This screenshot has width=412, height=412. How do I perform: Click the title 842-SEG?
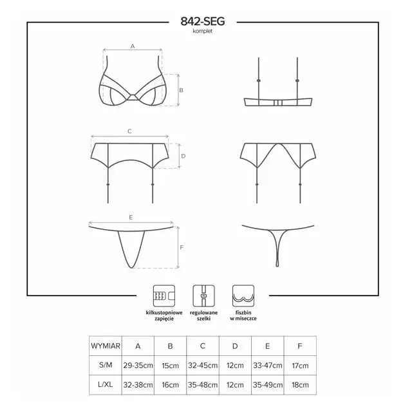click(x=203, y=21)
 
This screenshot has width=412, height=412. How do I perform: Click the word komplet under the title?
click(x=202, y=31)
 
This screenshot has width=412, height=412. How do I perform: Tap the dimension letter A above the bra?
click(x=133, y=46)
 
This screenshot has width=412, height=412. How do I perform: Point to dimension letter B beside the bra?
click(x=181, y=90)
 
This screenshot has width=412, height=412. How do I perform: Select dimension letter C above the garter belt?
click(x=129, y=131)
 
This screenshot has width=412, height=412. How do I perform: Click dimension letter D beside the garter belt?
click(x=183, y=156)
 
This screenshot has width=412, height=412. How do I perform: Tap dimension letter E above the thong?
click(x=131, y=218)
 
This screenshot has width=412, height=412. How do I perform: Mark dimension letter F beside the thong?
click(x=182, y=247)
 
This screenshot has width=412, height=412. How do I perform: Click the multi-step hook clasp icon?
click(x=164, y=296)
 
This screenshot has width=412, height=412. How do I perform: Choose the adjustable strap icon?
click(x=203, y=296)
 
